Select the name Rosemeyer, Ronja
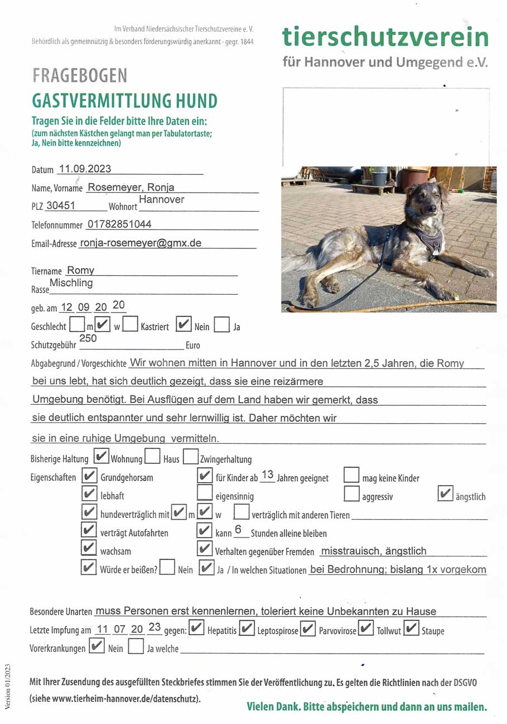pos(131,188)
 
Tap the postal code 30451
pos(60,205)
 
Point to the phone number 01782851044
pos(119,224)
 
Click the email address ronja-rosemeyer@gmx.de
pos(141,243)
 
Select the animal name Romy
pos(80,270)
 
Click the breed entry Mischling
pos(71,283)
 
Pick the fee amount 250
pos(88,338)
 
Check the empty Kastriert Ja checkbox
pos(221,325)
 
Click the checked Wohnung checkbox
pos(102,457)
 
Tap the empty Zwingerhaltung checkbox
pos(191,457)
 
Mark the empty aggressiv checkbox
pos(351,494)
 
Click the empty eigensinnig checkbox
pos(205,494)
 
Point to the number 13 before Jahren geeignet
pos(267,475)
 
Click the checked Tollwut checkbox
pos(366,629)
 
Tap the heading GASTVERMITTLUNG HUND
pos(124,101)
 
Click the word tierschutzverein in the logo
pos(385,37)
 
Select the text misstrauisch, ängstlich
pos(374,551)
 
